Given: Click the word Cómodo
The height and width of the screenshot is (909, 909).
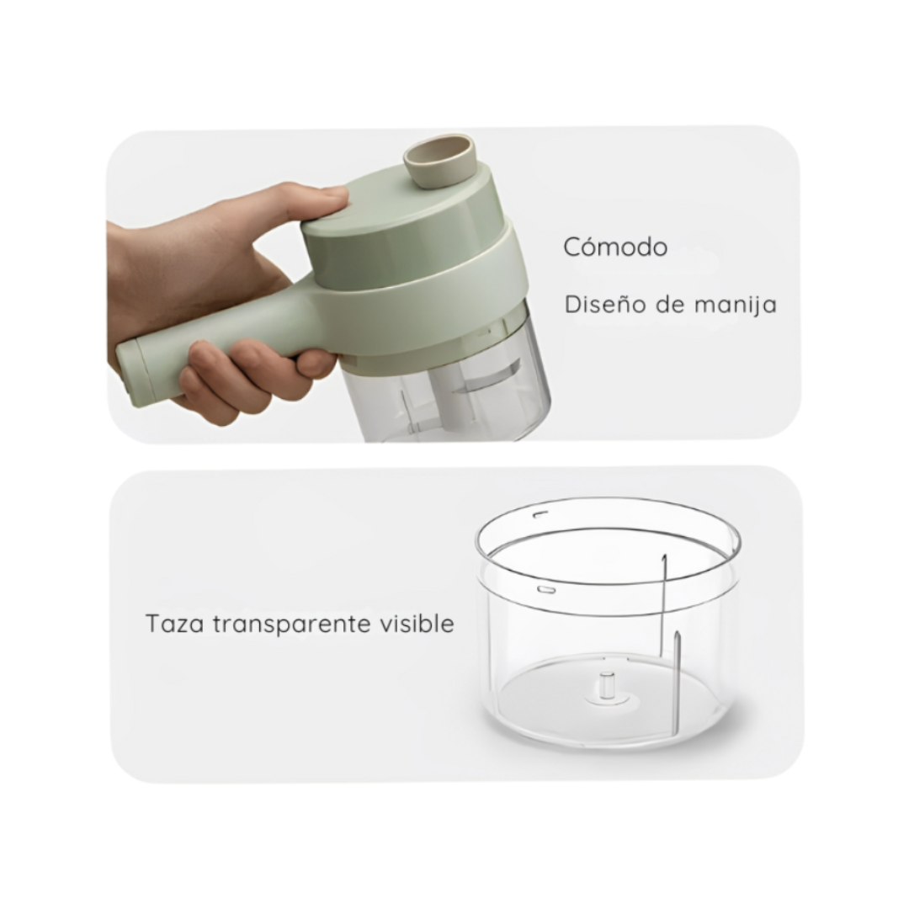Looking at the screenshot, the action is point(615,247).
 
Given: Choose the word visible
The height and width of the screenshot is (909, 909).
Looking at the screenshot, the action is point(417,624).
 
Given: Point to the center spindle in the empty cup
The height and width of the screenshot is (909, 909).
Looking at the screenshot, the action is point(607,684).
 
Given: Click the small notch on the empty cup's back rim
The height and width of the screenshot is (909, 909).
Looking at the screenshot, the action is point(540,513).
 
